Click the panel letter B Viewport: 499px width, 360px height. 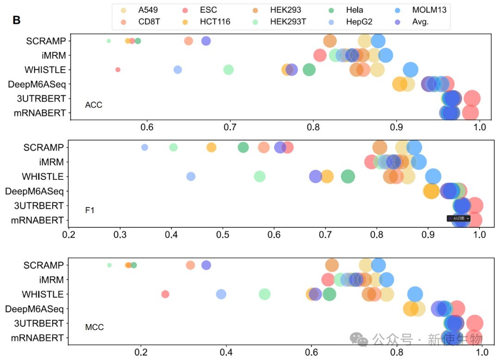[x=16, y=20]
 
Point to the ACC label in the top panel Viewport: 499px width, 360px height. [x=93, y=105]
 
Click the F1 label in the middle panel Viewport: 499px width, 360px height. [x=90, y=211]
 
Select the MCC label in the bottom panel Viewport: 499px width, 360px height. [x=94, y=328]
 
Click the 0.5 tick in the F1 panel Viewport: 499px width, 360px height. [x=223, y=234]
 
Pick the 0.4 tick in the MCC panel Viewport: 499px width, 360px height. [x=226, y=352]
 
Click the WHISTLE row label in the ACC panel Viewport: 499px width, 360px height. [x=45, y=70]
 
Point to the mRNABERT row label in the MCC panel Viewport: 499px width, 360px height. [x=37, y=338]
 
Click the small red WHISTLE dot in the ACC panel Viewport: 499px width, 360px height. [x=118, y=70]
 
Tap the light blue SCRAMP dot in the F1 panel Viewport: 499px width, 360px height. [x=145, y=147]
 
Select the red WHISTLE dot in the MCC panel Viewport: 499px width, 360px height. [x=165, y=294]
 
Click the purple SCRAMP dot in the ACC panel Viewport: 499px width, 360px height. [x=206, y=41]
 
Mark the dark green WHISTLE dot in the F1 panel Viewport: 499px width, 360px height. [x=348, y=176]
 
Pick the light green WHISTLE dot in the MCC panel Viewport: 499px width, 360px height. [x=264, y=294]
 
